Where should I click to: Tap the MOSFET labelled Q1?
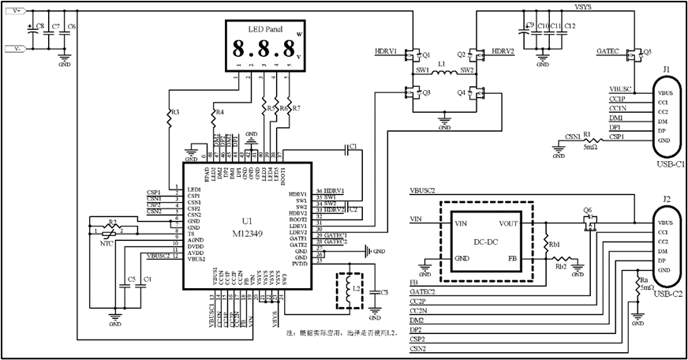411,55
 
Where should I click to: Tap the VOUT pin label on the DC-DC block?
509,223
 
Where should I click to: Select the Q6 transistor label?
587,210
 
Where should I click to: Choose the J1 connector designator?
666,70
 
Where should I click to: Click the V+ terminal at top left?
17,10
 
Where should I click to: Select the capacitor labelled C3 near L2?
384,293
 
